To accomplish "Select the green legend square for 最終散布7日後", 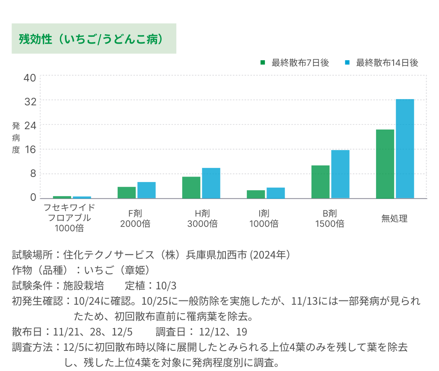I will tap(263, 63).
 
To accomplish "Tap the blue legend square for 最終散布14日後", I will tap(347, 63).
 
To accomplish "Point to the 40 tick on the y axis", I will tap(30, 78).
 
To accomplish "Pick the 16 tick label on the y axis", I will tap(30, 150).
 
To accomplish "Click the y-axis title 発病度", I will tap(16, 138).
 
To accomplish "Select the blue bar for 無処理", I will tap(405, 149).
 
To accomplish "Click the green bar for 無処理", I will tap(385, 164).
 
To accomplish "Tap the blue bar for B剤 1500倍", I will tap(340, 174).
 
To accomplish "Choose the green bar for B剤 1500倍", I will tap(320, 182).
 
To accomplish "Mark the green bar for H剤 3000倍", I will tap(191, 187).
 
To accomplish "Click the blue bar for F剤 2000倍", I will tap(146, 190).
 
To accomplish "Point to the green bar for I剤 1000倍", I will tap(256, 194).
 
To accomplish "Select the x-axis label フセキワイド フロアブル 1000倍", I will tap(69, 218).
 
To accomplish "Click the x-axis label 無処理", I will tap(395, 219).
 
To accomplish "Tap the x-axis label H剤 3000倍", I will tap(202, 218).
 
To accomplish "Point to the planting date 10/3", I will tap(167, 286).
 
